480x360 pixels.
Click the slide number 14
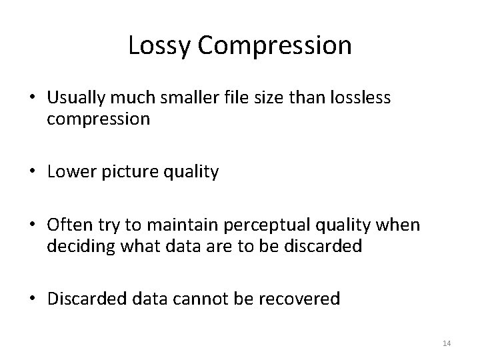[x=447, y=343]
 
